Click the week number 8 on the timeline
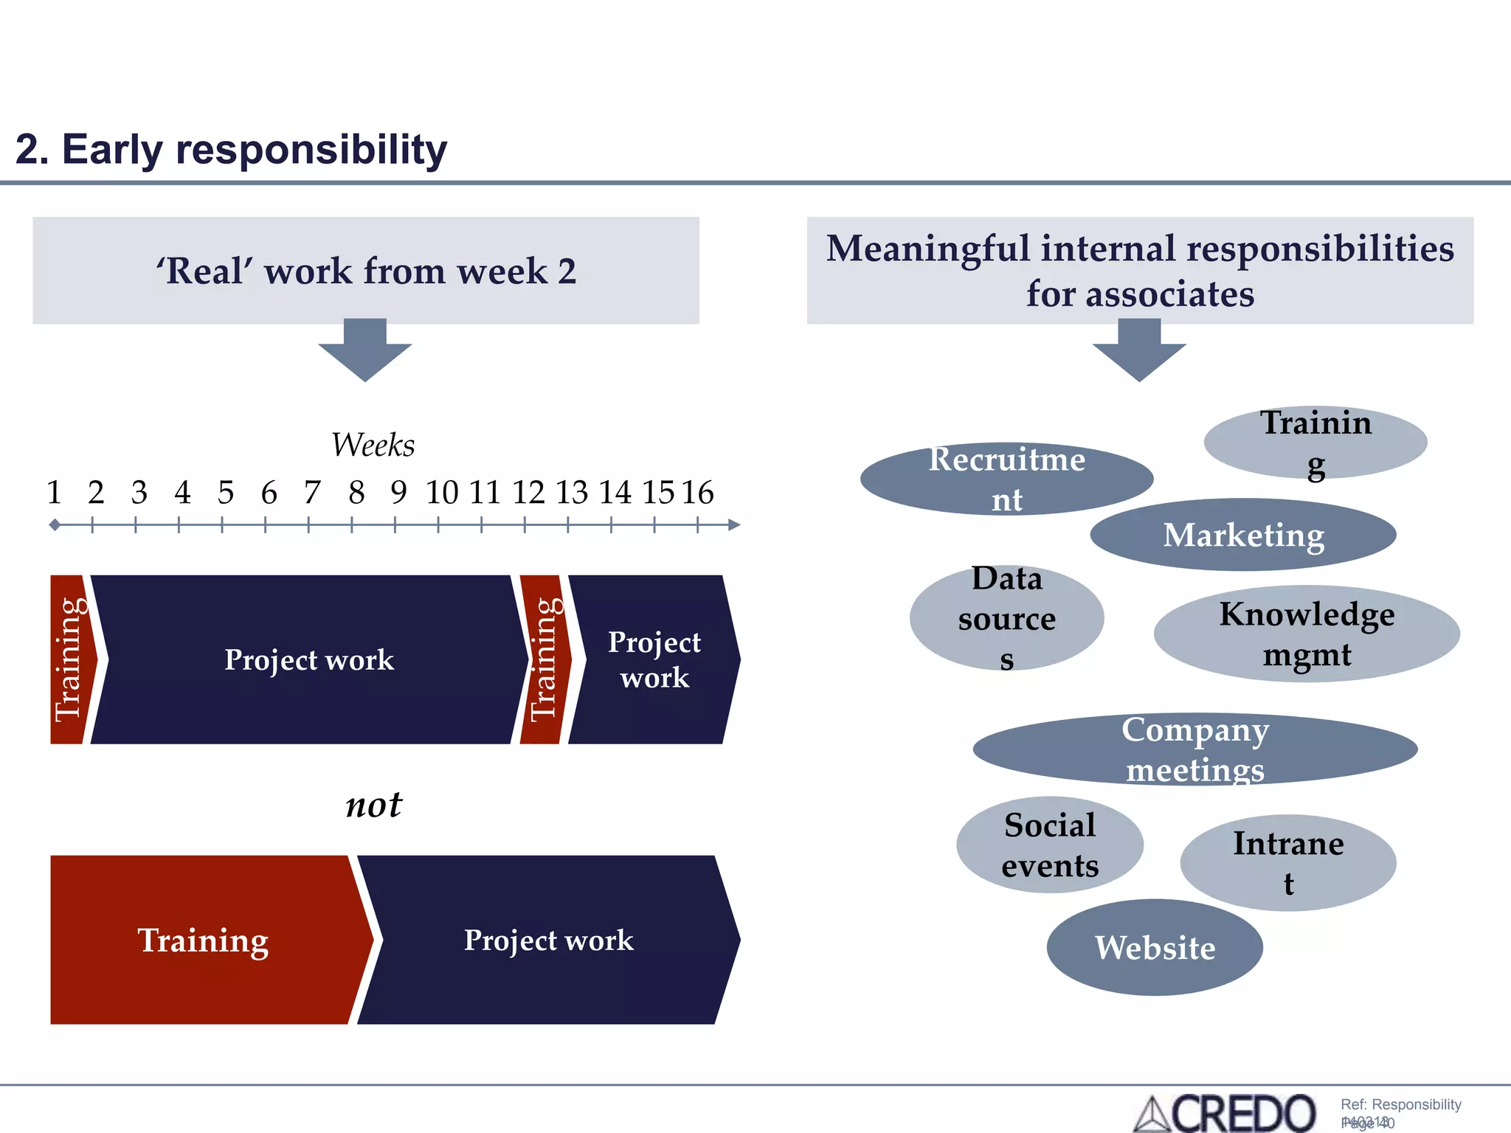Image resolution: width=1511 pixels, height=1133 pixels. pyautogui.click(x=356, y=492)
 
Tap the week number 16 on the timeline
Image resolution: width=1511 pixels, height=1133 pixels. pyautogui.click(x=697, y=492)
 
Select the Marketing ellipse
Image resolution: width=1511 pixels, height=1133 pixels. pyautogui.click(x=1243, y=535)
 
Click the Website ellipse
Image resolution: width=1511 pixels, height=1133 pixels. pyautogui.click(x=1155, y=947)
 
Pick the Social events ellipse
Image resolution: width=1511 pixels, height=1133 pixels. pyautogui.click(x=1050, y=845)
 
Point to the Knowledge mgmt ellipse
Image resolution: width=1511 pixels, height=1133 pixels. pyautogui.click(x=1307, y=634)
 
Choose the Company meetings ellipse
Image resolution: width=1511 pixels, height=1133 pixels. pyautogui.click(x=1195, y=749)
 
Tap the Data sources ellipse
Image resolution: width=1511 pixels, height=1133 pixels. pyautogui.click(x=1006, y=618)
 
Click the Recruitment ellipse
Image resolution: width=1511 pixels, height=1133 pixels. pyautogui.click(x=1006, y=479)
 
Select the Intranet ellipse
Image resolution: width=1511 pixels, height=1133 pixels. pyautogui.click(x=1288, y=862)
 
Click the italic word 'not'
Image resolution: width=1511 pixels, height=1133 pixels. pyautogui.click(x=374, y=804)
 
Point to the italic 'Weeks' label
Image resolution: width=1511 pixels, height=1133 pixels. pyautogui.click(x=373, y=445)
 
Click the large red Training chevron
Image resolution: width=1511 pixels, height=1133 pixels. pyautogui.click(x=204, y=940)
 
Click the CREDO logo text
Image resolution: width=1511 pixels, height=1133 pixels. pyautogui.click(x=1242, y=1113)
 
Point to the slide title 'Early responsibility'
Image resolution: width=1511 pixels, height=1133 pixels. pyautogui.click(x=232, y=150)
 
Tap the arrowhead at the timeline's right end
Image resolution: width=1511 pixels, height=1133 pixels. pyautogui.click(x=733, y=525)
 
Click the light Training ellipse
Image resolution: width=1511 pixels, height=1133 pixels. pyautogui.click(x=1315, y=442)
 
